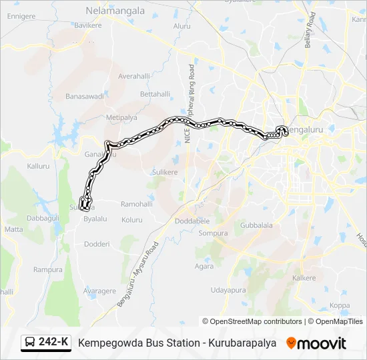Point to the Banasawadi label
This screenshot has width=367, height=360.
[85, 96]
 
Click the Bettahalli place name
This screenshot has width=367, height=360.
[155, 94]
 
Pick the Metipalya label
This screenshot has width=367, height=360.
[121, 117]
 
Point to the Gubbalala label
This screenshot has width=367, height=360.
[256, 225]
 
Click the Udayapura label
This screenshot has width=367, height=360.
[228, 290]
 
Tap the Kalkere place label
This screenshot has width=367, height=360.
[304, 277]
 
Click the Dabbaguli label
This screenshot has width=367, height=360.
[43, 217]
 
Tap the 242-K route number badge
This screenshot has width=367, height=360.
[46, 343]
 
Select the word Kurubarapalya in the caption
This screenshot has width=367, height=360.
[239, 343]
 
